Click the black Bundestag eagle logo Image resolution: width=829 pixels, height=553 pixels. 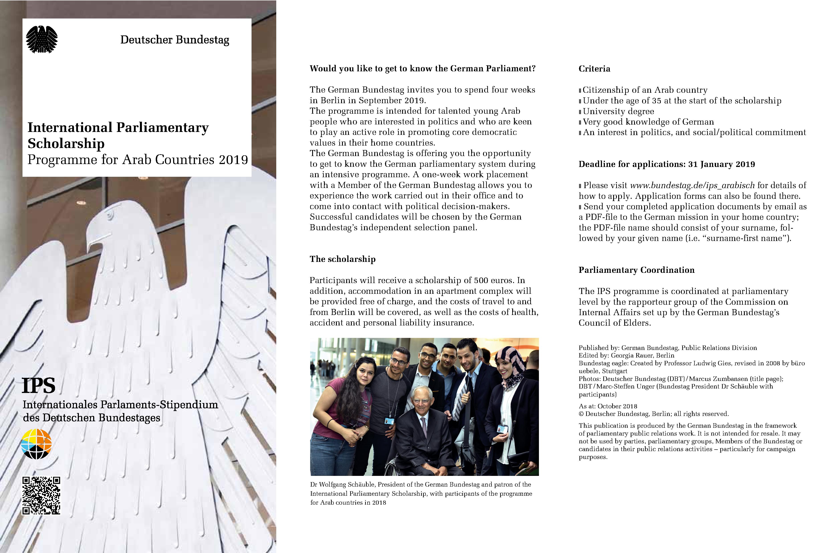coord(42,39)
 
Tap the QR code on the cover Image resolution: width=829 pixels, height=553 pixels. coord(41,495)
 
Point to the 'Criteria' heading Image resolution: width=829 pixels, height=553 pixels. coord(594,69)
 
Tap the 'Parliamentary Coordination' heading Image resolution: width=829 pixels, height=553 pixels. coord(636,270)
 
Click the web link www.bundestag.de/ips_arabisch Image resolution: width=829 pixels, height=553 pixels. coord(692,185)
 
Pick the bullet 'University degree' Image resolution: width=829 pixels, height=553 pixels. coord(618,111)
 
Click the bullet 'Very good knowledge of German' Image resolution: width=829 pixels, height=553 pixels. coord(648,122)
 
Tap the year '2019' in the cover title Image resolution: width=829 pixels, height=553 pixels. coord(233,160)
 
